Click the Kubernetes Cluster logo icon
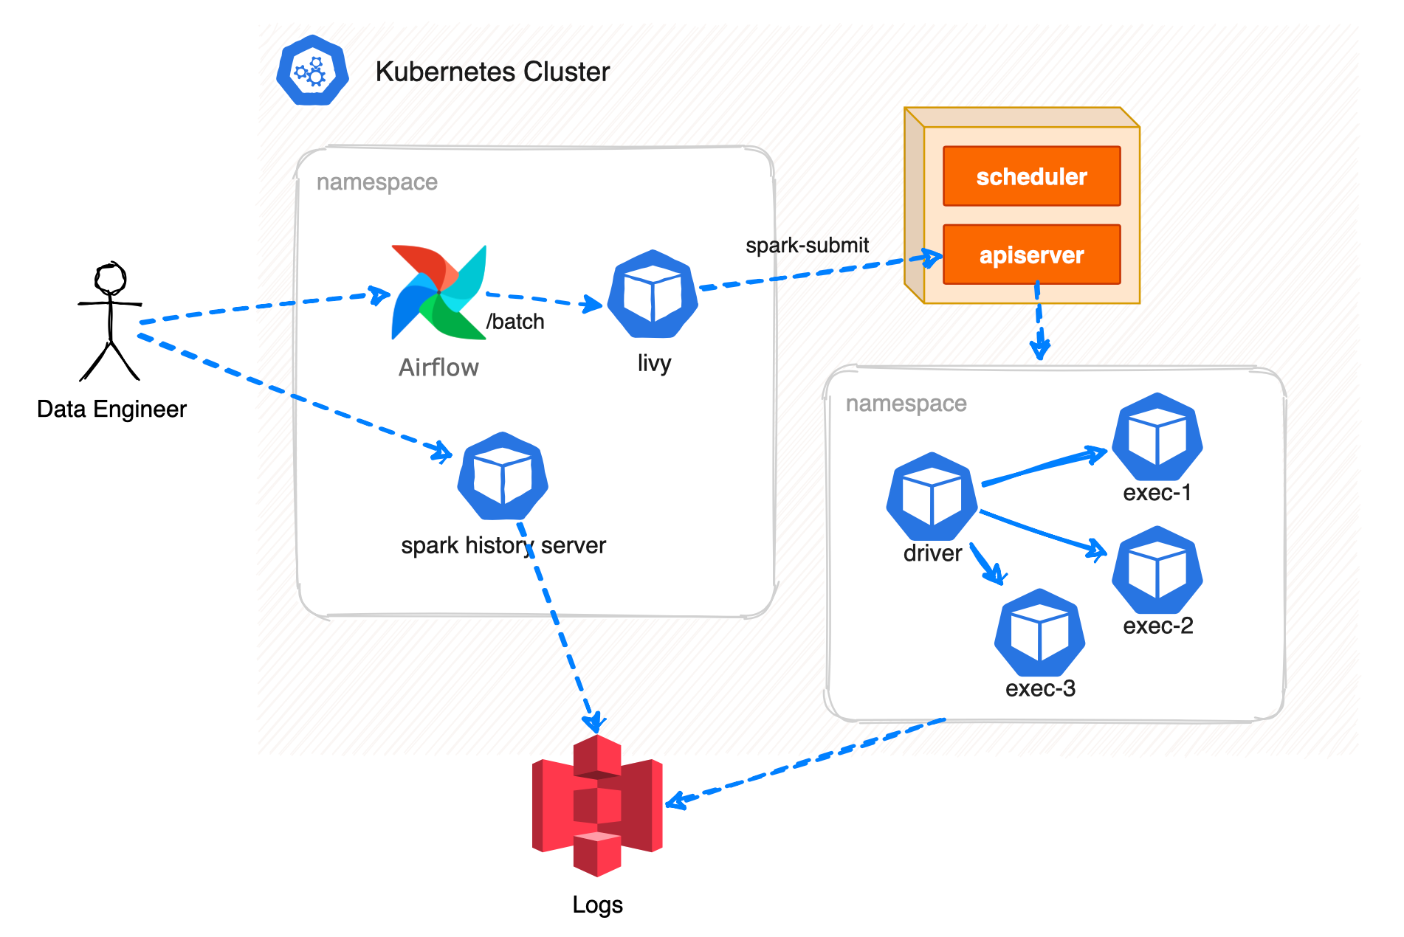312,71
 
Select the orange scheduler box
1031,176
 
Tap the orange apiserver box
1031,255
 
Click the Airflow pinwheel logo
438,293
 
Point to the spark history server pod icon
503,477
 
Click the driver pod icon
932,497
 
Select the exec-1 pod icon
1157,438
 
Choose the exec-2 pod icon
1157,570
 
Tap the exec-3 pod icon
1039,632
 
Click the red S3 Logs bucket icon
597,805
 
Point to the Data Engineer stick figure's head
111,280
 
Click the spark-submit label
807,246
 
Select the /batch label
515,322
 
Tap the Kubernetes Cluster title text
492,72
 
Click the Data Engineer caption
111,409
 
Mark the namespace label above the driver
906,404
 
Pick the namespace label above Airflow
376,182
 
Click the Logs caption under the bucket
597,905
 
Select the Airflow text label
438,367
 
